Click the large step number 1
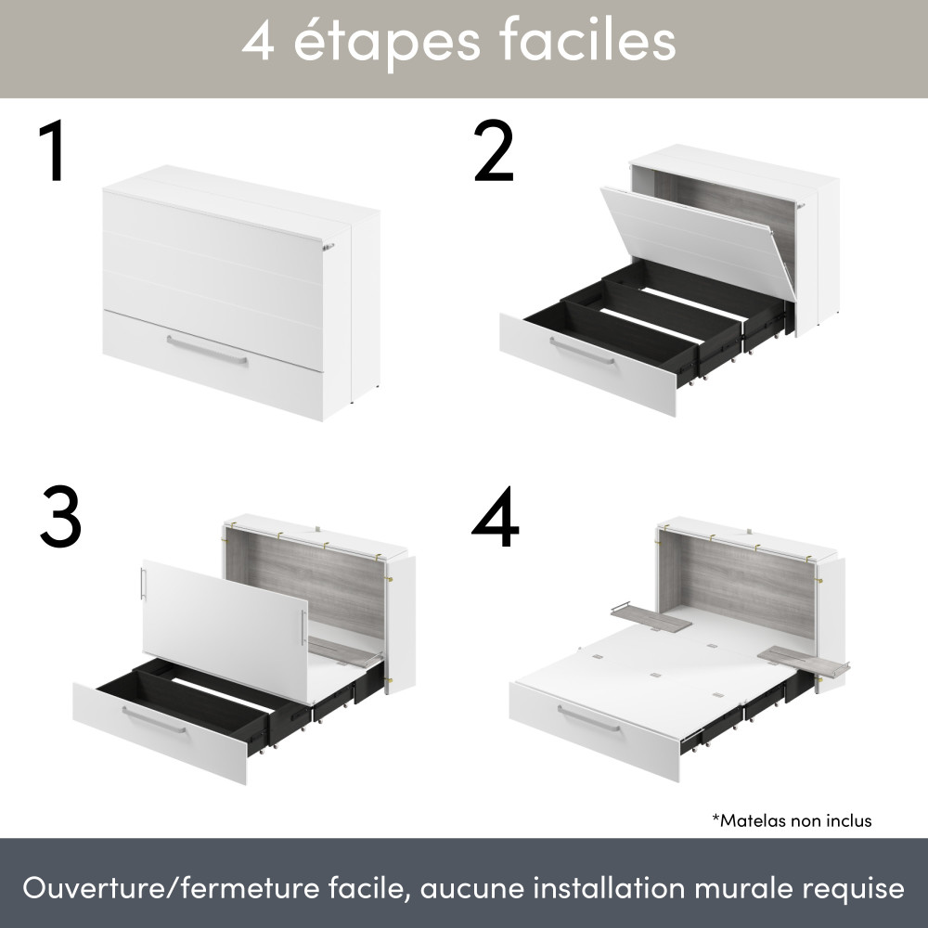click(x=54, y=151)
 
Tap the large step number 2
click(x=494, y=151)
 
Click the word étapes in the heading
click(x=386, y=42)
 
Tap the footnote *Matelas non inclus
click(x=792, y=820)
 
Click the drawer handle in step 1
click(x=207, y=350)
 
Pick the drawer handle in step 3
click(x=154, y=720)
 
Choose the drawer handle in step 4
click(x=588, y=718)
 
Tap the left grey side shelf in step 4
click(x=651, y=617)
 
